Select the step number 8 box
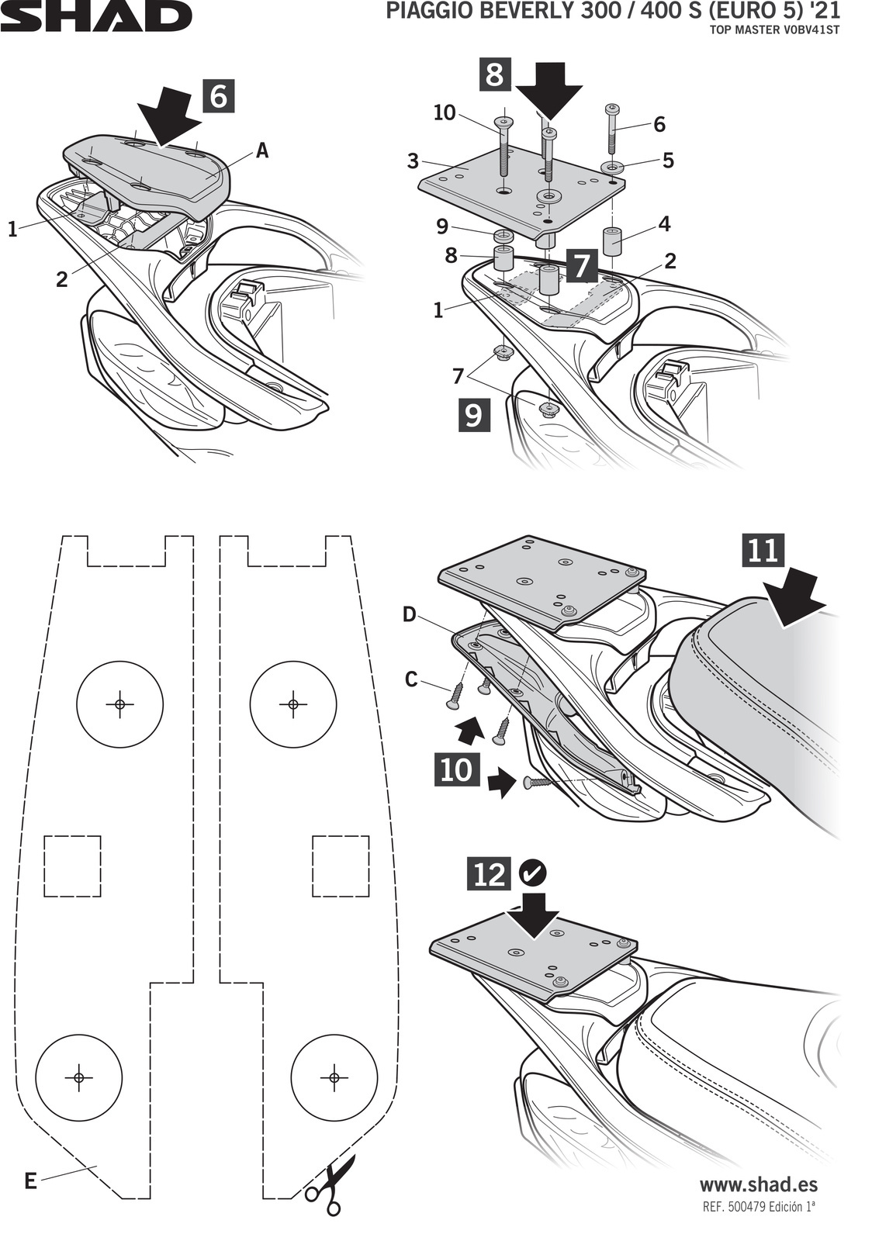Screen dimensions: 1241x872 (495, 76)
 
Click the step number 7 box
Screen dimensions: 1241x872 (581, 266)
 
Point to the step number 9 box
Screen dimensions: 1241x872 (472, 415)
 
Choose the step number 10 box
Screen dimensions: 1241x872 (456, 769)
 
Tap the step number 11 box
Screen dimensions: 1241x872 (763, 550)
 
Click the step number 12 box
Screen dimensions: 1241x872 (489, 874)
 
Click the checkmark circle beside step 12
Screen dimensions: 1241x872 (533, 873)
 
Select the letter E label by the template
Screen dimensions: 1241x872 (29, 1181)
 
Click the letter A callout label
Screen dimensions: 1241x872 (262, 150)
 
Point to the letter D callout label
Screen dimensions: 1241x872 (410, 615)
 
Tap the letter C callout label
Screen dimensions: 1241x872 (411, 679)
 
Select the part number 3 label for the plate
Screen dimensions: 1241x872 (413, 161)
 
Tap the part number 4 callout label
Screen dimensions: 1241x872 (664, 225)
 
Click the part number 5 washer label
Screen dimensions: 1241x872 (668, 161)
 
